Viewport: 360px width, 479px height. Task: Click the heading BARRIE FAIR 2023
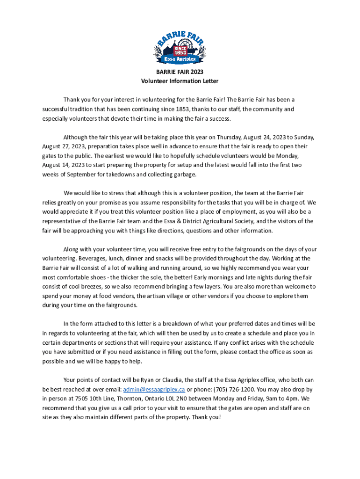pyautogui.click(x=180, y=72)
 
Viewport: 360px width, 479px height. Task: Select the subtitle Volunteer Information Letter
pyautogui.click(x=180, y=81)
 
